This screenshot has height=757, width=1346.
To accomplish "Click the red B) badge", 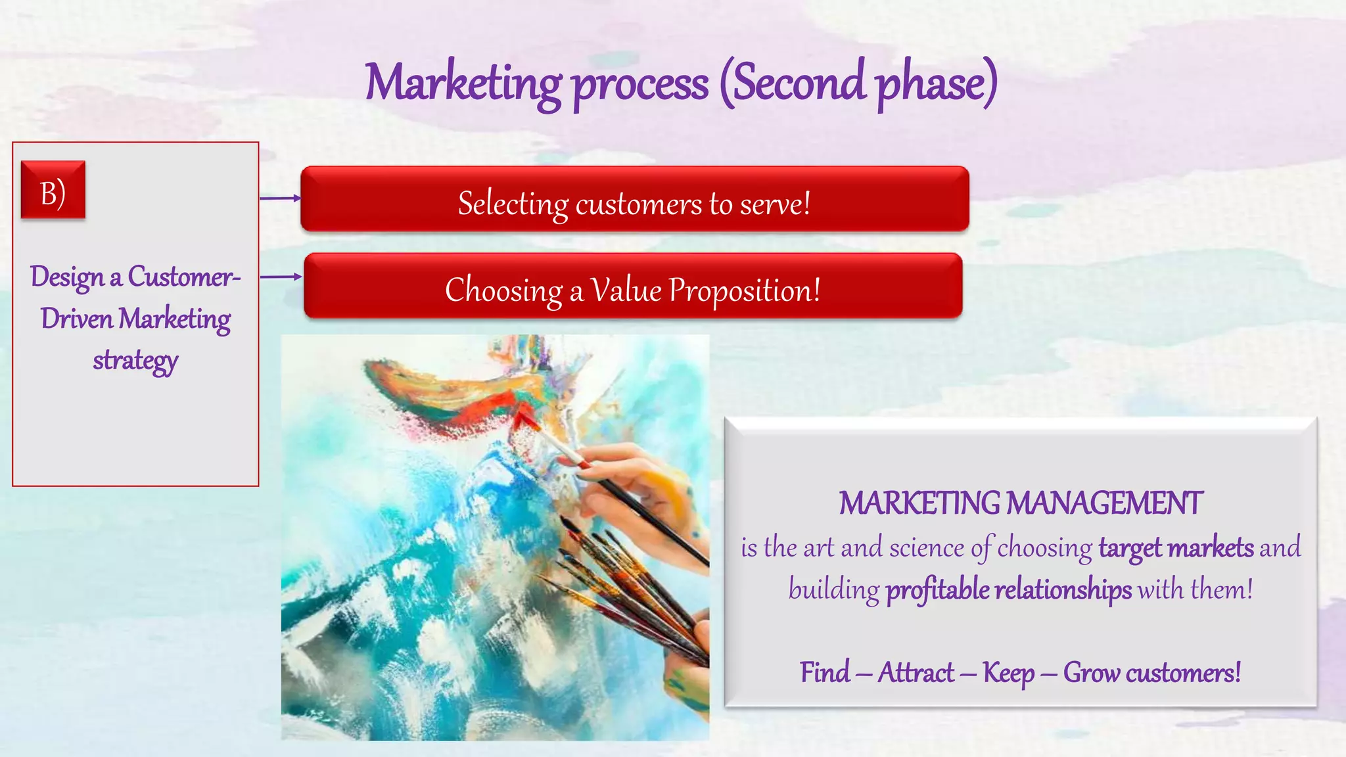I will (53, 190).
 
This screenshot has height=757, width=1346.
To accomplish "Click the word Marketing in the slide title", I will (463, 83).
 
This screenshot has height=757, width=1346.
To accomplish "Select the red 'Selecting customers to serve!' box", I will (634, 199).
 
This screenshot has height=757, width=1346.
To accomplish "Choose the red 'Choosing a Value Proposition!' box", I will (633, 286).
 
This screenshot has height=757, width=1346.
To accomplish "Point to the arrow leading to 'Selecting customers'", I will (280, 198).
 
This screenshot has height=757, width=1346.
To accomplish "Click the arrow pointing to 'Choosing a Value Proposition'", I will (281, 277).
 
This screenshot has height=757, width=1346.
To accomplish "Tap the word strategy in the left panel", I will (135, 361).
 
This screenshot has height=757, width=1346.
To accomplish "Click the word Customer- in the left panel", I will (184, 277).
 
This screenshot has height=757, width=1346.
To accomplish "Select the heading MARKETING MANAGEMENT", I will (1021, 503).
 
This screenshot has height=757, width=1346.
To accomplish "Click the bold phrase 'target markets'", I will (1176, 547).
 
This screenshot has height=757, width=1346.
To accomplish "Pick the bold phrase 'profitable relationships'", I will (1009, 589).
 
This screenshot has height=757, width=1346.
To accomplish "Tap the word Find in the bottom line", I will (825, 672).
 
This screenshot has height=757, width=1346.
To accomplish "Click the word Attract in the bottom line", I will (916, 672).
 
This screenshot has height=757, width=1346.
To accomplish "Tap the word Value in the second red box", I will (626, 290).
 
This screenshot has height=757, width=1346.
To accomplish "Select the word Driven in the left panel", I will (77, 319).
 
